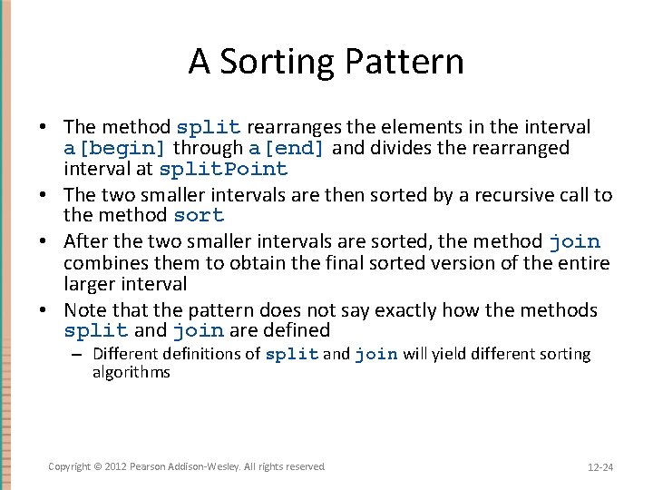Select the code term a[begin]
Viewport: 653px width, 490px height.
pos(114,148)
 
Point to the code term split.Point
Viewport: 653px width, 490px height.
pos(223,170)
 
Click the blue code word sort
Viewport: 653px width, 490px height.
pos(199,216)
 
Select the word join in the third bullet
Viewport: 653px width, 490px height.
pos(575,242)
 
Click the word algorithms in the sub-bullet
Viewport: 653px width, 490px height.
pos(131,372)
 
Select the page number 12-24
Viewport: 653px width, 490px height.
pos(600,467)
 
